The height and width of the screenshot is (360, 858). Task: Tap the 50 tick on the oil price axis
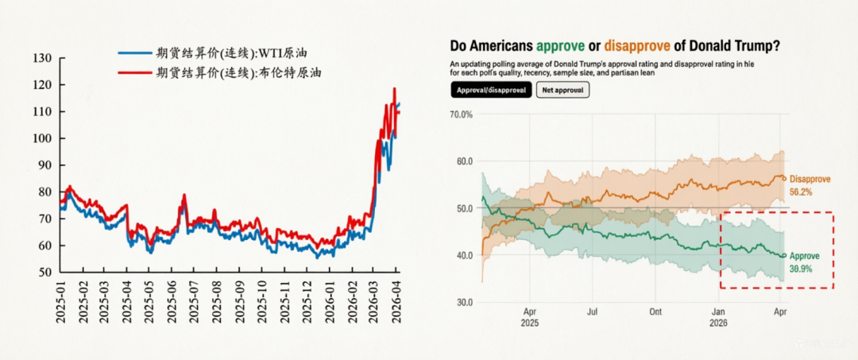(x=45, y=272)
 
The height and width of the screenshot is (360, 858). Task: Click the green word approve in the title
(x=566, y=46)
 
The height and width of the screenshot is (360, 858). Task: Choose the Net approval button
(x=562, y=91)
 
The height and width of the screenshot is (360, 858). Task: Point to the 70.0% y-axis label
(x=461, y=114)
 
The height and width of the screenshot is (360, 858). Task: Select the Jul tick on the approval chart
(x=591, y=312)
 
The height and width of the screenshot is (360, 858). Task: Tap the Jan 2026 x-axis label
(x=717, y=317)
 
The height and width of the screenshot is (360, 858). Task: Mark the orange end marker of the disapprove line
(x=784, y=178)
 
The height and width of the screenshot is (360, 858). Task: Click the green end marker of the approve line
(x=784, y=256)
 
